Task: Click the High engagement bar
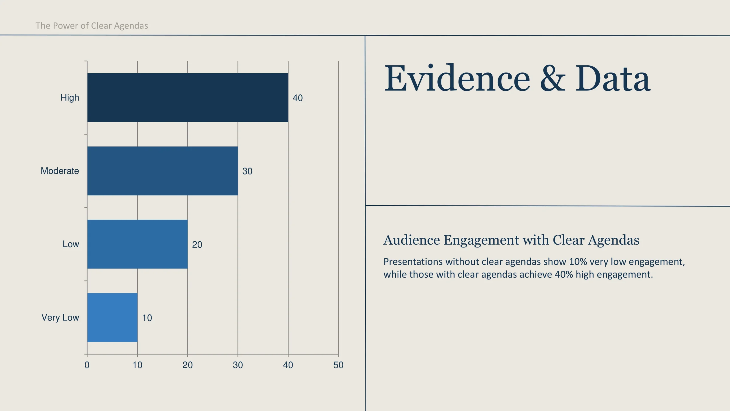click(188, 98)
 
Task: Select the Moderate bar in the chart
click(163, 171)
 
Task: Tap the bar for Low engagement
click(137, 244)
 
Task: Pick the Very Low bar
click(112, 317)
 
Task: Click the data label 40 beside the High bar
click(298, 98)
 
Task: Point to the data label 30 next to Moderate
click(247, 171)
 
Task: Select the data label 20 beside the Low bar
click(197, 245)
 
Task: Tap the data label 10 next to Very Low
click(147, 318)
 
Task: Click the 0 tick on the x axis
click(87, 365)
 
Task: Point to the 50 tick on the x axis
click(338, 365)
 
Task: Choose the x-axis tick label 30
click(238, 365)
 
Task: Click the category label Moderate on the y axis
click(60, 171)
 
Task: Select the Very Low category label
click(60, 317)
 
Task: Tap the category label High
click(70, 98)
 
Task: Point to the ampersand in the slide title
click(553, 78)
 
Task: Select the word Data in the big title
click(613, 78)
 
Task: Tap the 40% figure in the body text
click(564, 275)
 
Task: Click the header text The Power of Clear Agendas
click(92, 26)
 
